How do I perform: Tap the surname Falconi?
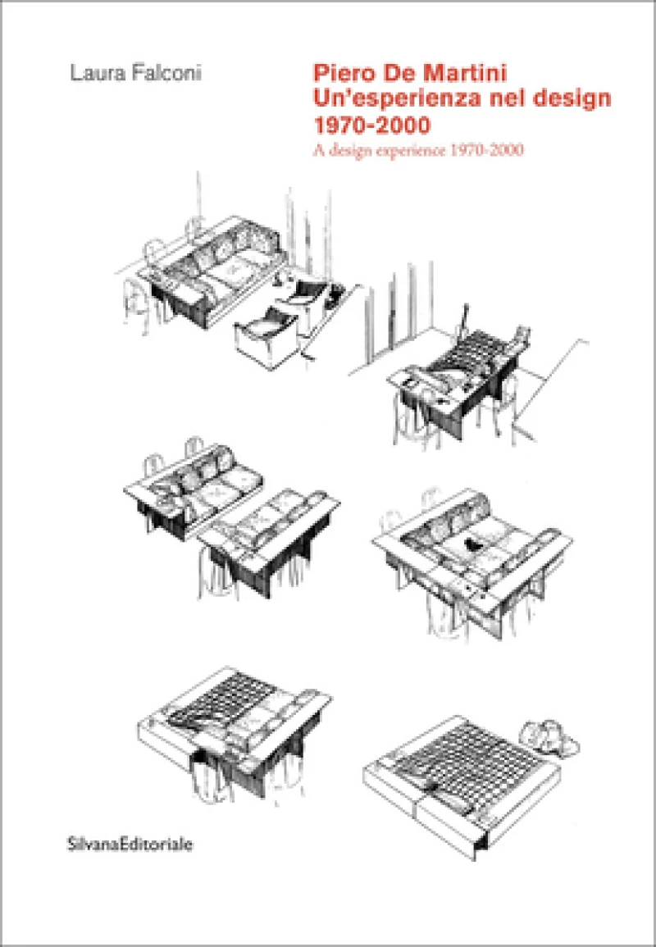click(164, 74)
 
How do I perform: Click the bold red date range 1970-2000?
click(371, 125)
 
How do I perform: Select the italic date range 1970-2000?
click(485, 150)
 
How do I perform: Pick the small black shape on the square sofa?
click(474, 545)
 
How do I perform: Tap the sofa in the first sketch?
click(212, 275)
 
